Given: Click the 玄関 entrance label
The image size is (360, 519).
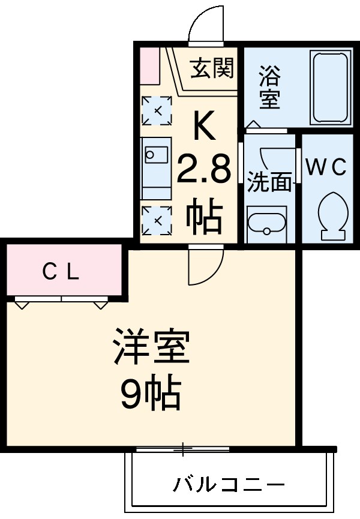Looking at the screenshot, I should coord(212,70).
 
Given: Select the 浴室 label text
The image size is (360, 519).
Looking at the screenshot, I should coord(269,89).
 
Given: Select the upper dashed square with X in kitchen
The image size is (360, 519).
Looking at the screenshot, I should coord(157,111).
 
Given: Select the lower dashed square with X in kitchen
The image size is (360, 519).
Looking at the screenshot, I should coord(157,221).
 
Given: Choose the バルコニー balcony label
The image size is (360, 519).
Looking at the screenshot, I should coord(229,484).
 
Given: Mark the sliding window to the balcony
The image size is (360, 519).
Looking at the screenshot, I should coord(182,448).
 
